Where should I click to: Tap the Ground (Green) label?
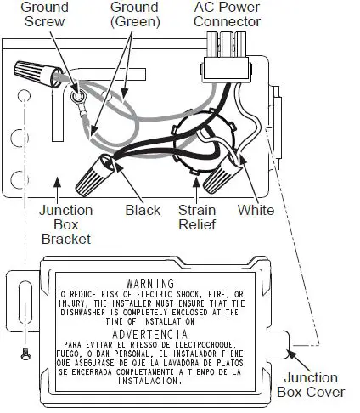(x=135, y=14)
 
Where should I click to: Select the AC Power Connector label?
(x=228, y=14)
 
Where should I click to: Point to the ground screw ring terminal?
(x=80, y=105)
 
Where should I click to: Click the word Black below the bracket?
(x=142, y=210)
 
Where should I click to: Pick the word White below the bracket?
(x=256, y=210)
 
